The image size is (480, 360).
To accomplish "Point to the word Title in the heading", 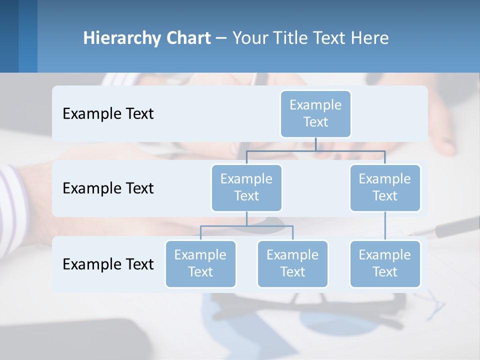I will [293, 38].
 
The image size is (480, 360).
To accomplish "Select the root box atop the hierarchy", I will [315, 113].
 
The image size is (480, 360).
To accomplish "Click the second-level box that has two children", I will [246, 187].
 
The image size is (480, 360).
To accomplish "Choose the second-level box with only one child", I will [385, 187].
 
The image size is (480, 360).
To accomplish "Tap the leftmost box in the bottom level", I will [200, 263].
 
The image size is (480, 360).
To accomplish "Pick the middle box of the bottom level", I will [292, 263].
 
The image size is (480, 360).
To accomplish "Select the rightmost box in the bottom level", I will [385, 263].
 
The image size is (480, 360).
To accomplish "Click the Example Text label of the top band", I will [108, 114].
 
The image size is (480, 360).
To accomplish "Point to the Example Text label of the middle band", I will [108, 188].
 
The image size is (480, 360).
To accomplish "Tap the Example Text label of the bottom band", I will [108, 264].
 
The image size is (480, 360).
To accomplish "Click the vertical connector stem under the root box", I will [315, 144].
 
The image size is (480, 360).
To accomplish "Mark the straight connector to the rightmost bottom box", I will [385, 226].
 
